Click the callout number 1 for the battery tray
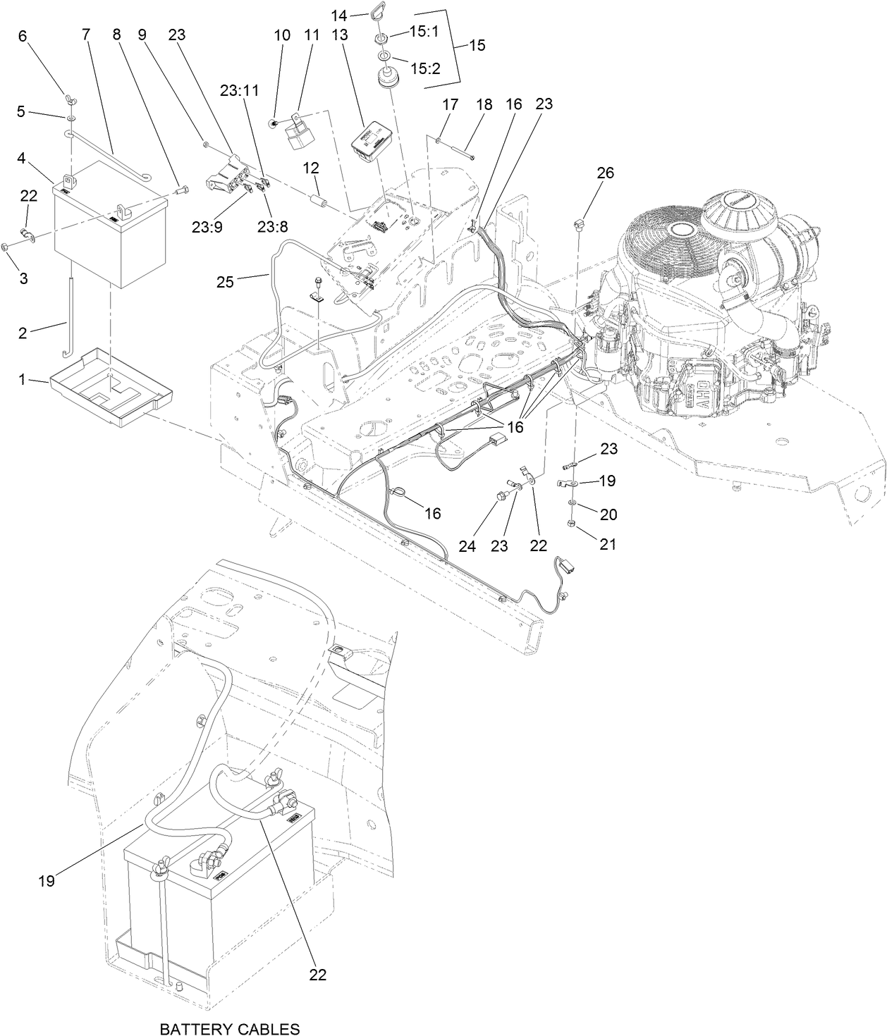[22, 380]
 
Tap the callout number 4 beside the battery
[22, 159]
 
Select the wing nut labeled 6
[70, 96]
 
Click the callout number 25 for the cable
[224, 282]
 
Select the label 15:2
[425, 68]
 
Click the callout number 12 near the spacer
[312, 168]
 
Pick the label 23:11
[239, 91]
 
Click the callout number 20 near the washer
[607, 514]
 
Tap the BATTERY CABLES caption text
[229, 1029]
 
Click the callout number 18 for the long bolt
[484, 104]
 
